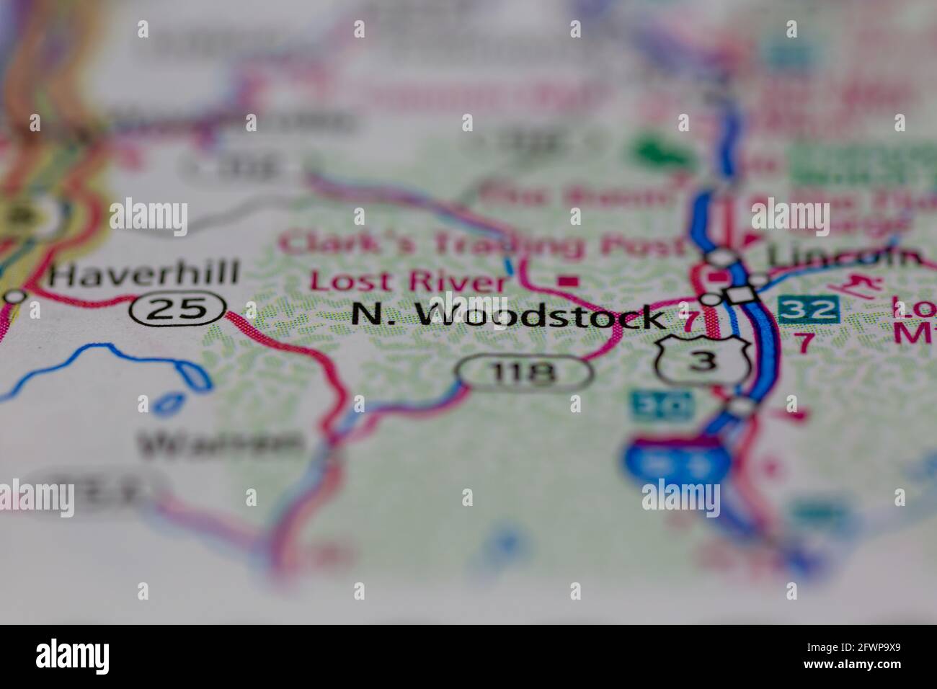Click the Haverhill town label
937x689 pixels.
point(144,275)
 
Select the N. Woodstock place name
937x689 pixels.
point(507,316)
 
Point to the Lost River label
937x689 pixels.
point(408,280)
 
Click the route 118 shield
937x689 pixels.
point(525,372)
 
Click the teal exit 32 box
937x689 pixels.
point(808,308)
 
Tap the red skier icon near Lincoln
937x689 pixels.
point(863,285)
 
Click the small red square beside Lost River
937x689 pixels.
point(570,280)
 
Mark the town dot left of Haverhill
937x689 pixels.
point(14,295)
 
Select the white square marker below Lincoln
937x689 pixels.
point(740,295)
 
